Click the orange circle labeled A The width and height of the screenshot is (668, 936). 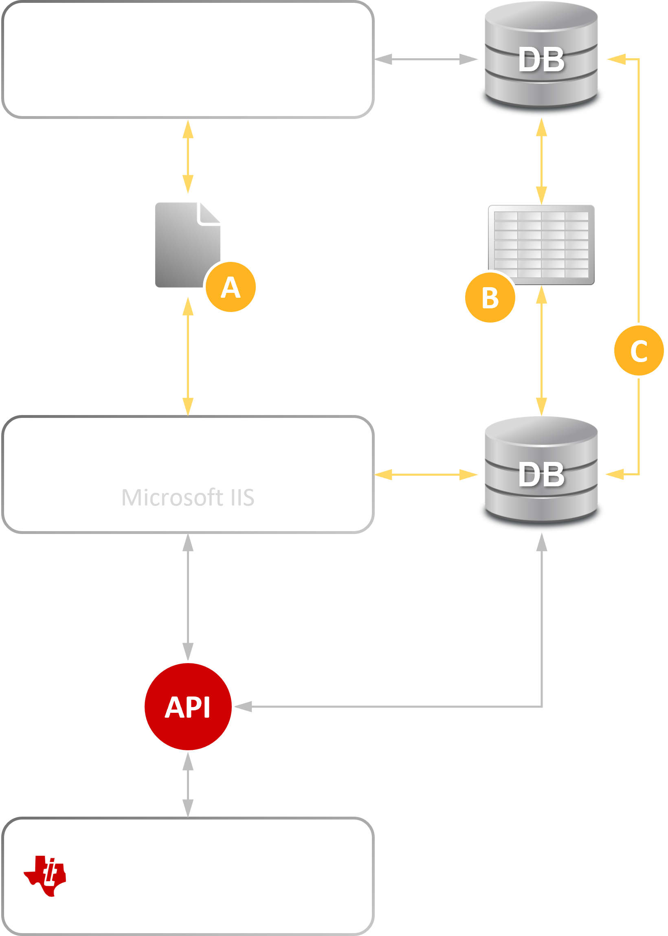tap(231, 287)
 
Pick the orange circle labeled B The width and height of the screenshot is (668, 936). tap(490, 298)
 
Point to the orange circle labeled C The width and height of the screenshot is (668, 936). tap(638, 350)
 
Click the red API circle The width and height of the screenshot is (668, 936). tap(188, 707)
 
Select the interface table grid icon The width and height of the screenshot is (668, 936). tap(541, 245)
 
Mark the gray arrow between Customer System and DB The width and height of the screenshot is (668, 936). tap(426, 59)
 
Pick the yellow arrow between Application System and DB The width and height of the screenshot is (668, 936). tap(426, 475)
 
